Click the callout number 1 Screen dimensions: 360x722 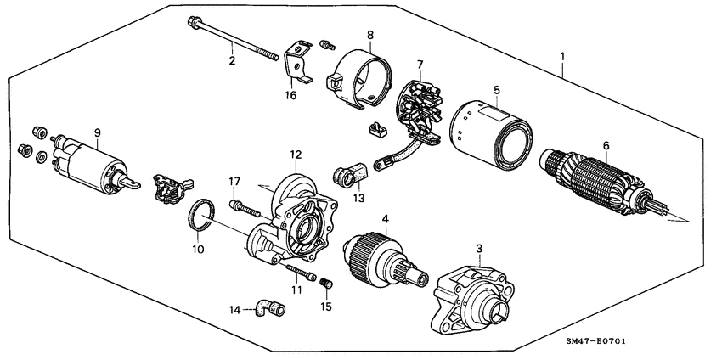pyautogui.click(x=562, y=57)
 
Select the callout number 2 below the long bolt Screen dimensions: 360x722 pyautogui.click(x=230, y=60)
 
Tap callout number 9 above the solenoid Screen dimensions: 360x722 pyautogui.click(x=98, y=132)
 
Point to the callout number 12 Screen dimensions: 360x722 pyautogui.click(x=295, y=155)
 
